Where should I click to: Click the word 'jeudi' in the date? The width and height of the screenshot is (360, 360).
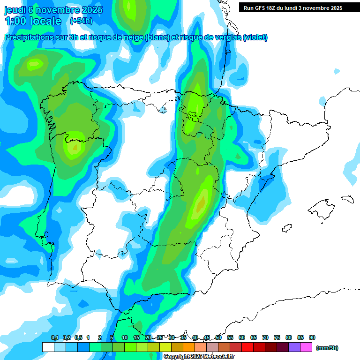click(x=15, y=10)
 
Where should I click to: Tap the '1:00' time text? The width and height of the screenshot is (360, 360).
click(x=15, y=21)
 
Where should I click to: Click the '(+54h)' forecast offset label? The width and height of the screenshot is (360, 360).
click(x=81, y=21)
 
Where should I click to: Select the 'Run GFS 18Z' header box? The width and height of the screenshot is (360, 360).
click(x=292, y=7)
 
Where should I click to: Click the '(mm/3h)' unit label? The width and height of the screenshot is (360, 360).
click(x=327, y=348)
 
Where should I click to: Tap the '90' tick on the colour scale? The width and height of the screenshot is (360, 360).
click(x=312, y=337)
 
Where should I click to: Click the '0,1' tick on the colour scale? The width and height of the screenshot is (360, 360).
click(x=55, y=337)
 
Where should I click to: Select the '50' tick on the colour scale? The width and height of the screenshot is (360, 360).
click(x=218, y=337)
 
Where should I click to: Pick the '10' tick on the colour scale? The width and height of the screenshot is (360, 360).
click(x=125, y=337)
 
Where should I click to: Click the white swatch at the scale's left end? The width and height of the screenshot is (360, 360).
click(x=48, y=347)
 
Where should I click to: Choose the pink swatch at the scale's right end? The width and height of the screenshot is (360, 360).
click(x=306, y=347)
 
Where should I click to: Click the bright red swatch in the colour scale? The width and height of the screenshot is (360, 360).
click(x=247, y=347)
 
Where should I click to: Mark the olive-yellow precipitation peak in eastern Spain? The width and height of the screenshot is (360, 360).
click(x=201, y=204)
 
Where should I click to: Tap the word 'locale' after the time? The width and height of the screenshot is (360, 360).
click(x=45, y=21)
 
